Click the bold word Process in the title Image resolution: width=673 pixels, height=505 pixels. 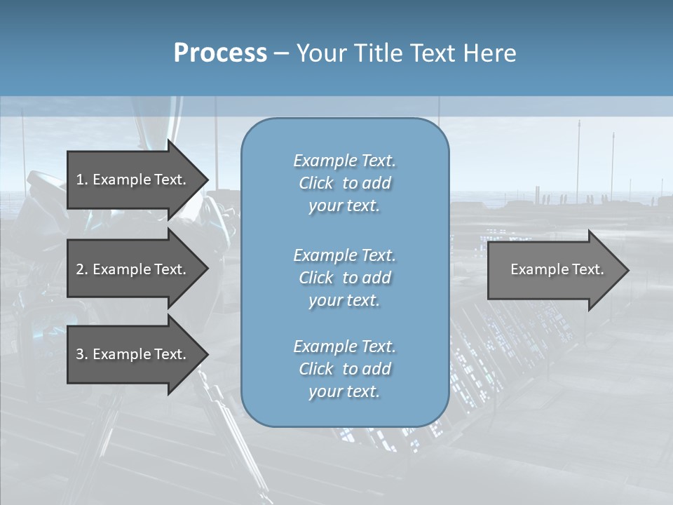[x=220, y=53]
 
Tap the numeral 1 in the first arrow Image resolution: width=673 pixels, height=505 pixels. [x=80, y=180]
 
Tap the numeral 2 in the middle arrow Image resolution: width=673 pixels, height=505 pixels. [x=80, y=269]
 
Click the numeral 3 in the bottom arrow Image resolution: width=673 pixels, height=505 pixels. [x=80, y=354]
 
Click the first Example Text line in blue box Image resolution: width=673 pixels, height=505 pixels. [x=344, y=161]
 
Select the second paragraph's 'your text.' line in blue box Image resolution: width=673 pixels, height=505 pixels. [x=344, y=300]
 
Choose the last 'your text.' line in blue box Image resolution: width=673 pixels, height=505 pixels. [x=344, y=391]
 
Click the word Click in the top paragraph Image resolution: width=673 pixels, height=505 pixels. [x=316, y=183]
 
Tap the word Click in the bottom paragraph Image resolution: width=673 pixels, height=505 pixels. [x=316, y=369]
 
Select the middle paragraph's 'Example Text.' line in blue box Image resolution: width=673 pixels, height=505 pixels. [x=344, y=255]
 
